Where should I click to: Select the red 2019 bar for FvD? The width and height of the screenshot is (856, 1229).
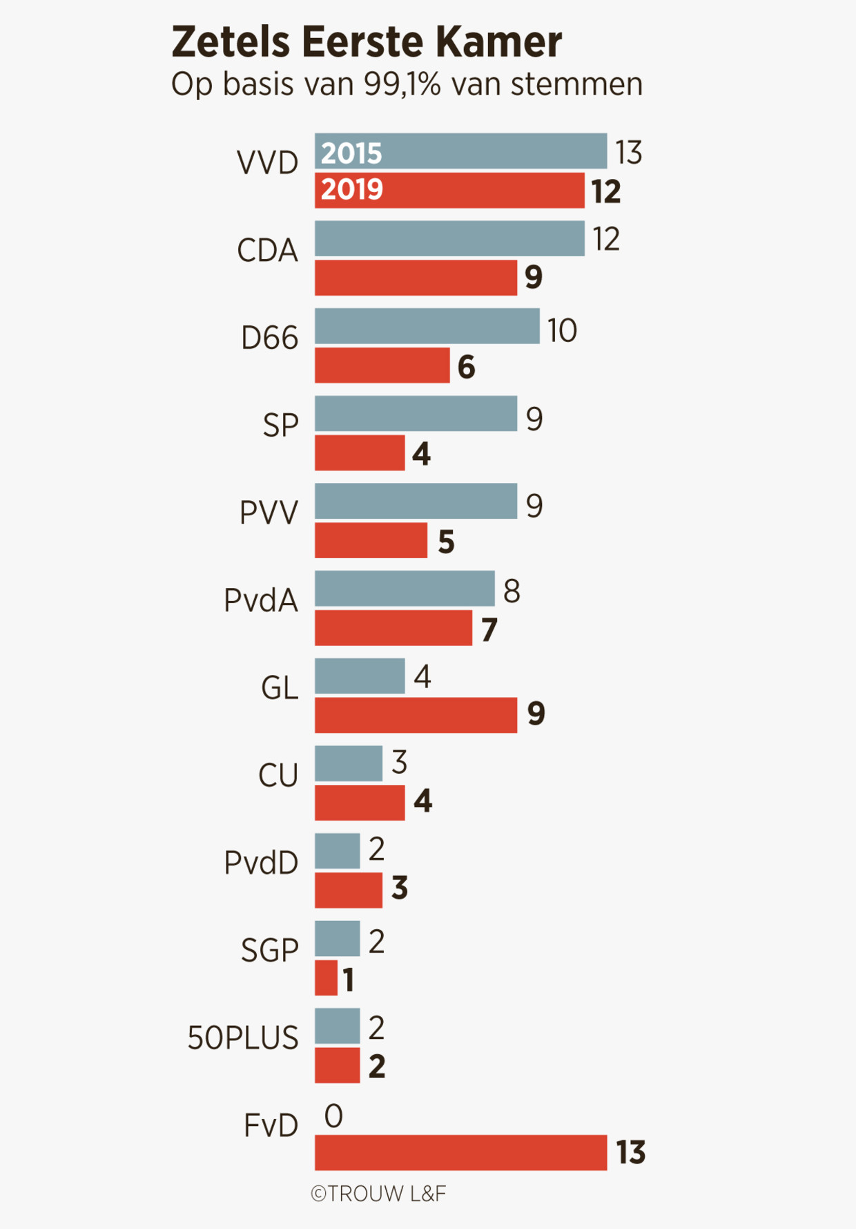pyautogui.click(x=460, y=1152)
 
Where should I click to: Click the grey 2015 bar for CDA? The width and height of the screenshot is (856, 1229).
pyautogui.click(x=449, y=238)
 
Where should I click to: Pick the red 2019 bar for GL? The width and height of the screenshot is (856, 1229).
pyautogui.click(x=416, y=715)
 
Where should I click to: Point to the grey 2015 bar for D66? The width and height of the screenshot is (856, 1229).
pyautogui.click(x=427, y=326)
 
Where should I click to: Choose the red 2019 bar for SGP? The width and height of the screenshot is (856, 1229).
pyautogui.click(x=326, y=978)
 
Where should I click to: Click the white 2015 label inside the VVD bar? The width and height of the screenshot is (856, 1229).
pyautogui.click(x=351, y=153)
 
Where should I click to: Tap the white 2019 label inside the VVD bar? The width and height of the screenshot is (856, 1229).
pyautogui.click(x=351, y=189)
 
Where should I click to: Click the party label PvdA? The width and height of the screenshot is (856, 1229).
pyautogui.click(x=261, y=600)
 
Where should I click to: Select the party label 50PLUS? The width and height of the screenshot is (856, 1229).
pyautogui.click(x=243, y=1038)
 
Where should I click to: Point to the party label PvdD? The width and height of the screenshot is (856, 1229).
pyautogui.click(x=261, y=863)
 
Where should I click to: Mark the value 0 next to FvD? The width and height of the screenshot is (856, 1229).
pyautogui.click(x=333, y=1116)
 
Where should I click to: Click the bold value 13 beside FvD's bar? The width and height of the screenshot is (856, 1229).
pyautogui.click(x=630, y=1152)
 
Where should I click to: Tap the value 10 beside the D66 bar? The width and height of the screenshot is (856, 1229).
pyautogui.click(x=562, y=331)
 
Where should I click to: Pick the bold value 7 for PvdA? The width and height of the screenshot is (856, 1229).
pyautogui.click(x=489, y=629)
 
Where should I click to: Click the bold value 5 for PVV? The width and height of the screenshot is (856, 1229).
pyautogui.click(x=446, y=542)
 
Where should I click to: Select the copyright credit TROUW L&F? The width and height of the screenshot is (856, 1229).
pyautogui.click(x=378, y=1194)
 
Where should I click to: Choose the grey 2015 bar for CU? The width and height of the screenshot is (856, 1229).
pyautogui.click(x=349, y=763)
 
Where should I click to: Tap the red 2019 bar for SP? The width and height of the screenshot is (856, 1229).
pyautogui.click(x=360, y=452)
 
